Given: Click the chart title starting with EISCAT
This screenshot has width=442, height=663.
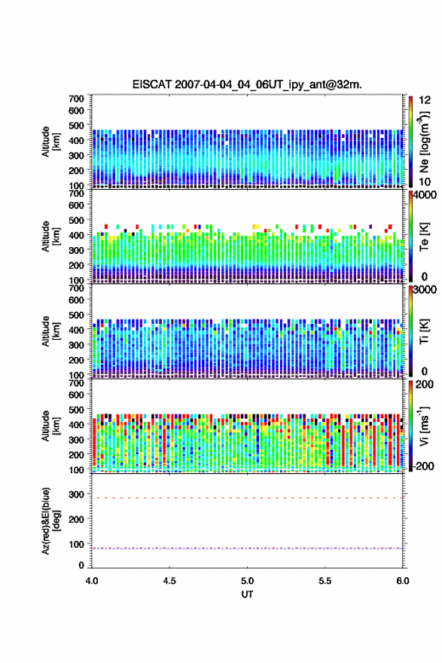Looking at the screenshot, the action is point(247,84).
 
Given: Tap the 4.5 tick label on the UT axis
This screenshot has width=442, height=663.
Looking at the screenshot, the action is point(169,581).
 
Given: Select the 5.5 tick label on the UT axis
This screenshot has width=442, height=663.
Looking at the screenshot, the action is point(325,581).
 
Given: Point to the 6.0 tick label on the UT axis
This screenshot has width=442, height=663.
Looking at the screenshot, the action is point(403,581).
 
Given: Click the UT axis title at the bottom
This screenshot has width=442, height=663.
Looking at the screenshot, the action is point(247,594).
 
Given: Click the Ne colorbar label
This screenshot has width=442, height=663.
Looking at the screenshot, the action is point(424,142).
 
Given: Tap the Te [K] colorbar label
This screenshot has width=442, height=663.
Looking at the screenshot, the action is point(424,237).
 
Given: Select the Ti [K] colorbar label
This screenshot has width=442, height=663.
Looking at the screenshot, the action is point(424,331).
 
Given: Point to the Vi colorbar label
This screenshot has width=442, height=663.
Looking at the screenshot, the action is point(424,426).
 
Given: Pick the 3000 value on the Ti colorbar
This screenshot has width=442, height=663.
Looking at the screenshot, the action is point(425,289).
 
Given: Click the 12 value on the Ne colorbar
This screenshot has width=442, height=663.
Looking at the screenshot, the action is point(425,100).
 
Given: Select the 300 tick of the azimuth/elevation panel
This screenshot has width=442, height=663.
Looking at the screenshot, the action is point(77,494).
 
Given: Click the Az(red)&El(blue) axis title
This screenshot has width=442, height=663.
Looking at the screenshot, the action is point(50,521).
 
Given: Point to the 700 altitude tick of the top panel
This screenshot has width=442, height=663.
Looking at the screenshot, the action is point(77,99).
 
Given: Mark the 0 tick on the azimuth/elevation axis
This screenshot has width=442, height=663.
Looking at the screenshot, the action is point(81,565).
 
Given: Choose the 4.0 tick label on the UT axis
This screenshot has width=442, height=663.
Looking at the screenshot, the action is point(92,581).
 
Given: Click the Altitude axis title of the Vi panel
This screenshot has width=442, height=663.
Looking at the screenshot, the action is point(50,426).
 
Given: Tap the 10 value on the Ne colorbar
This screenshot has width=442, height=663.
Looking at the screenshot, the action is point(425,182).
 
